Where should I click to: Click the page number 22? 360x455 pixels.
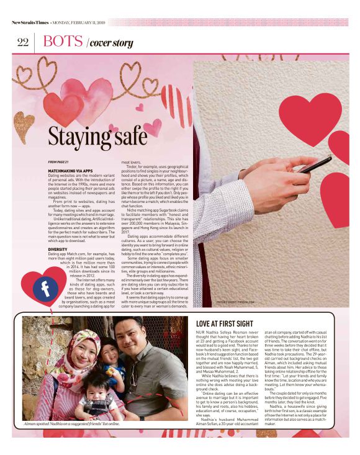click(22, 42)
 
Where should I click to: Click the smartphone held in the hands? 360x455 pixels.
click(313, 164)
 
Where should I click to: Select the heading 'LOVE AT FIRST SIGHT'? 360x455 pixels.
click(224, 323)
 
